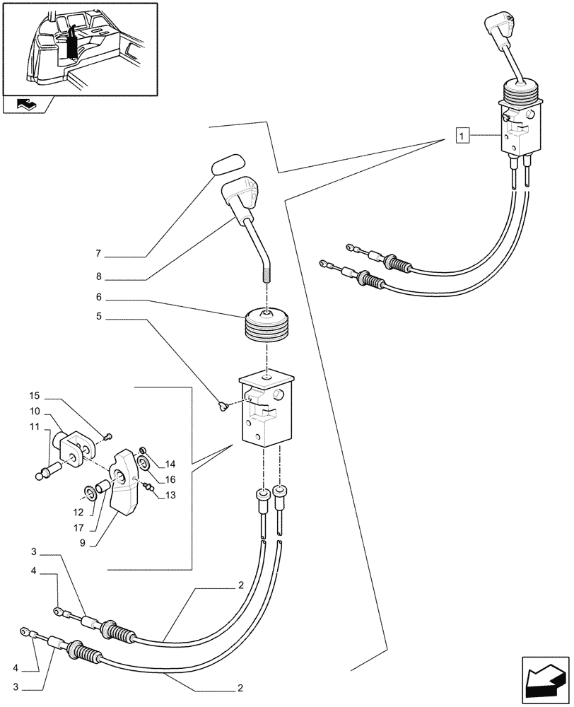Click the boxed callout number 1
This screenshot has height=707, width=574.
click(462, 134)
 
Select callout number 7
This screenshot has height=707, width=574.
click(99, 253)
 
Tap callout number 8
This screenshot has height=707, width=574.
click(99, 276)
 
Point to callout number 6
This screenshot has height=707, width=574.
click(99, 298)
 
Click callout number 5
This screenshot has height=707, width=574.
click(99, 318)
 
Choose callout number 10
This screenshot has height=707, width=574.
click(34, 411)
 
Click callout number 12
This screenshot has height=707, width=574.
click(79, 511)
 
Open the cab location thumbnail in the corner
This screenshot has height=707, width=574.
click(79, 48)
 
